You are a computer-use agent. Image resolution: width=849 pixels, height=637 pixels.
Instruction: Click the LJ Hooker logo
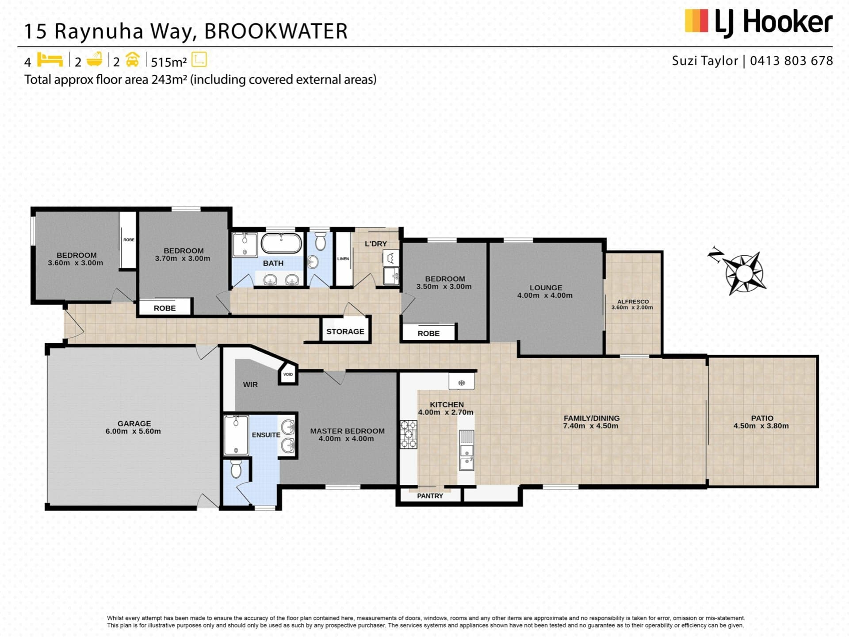[x=758, y=22]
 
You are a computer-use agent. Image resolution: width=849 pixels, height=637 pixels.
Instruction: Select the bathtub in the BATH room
[x=281, y=244]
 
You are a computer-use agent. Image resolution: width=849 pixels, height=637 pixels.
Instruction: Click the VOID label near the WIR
[x=288, y=374]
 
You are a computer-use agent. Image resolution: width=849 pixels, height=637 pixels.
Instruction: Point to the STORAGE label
[x=345, y=331]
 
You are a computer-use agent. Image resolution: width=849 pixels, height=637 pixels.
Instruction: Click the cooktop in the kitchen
[x=409, y=434]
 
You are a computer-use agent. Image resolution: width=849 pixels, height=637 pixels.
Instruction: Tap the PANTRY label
[x=430, y=496]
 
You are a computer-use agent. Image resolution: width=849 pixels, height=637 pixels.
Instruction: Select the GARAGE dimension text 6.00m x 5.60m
[x=133, y=431]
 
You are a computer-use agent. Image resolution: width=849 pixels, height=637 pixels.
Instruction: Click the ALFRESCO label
[x=633, y=301]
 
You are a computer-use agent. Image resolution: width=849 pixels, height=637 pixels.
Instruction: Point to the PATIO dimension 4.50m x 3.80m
[x=761, y=426]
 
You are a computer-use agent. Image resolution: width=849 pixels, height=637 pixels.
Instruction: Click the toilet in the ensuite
[x=236, y=469]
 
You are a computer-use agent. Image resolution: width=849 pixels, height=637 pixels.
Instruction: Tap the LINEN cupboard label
[x=343, y=259]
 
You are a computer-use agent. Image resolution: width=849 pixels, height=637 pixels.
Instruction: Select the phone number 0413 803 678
[x=792, y=61]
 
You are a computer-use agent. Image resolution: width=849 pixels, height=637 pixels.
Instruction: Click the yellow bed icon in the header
[x=50, y=59]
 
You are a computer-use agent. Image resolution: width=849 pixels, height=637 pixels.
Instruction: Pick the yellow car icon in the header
[x=133, y=59]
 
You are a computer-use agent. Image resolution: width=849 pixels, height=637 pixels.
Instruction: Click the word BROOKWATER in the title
[x=276, y=31]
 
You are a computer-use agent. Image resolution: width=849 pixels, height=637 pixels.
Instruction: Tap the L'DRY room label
[x=376, y=244]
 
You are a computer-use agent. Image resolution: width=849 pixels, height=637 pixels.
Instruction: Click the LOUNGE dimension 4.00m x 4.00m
[x=545, y=295]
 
